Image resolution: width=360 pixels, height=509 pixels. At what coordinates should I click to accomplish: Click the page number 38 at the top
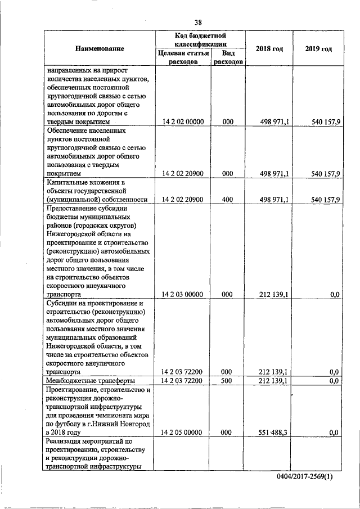198,22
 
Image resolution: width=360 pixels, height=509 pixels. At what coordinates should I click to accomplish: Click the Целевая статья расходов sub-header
184,57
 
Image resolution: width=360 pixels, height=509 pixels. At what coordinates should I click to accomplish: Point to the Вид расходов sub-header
228,57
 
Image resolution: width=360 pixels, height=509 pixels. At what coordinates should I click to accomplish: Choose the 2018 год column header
269,49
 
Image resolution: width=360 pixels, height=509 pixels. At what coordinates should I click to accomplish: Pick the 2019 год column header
318,49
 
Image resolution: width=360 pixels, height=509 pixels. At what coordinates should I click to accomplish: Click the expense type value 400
227,200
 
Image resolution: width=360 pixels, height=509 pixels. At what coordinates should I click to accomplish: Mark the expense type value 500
227,381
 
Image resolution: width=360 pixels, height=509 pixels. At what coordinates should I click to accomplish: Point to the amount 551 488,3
274,432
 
